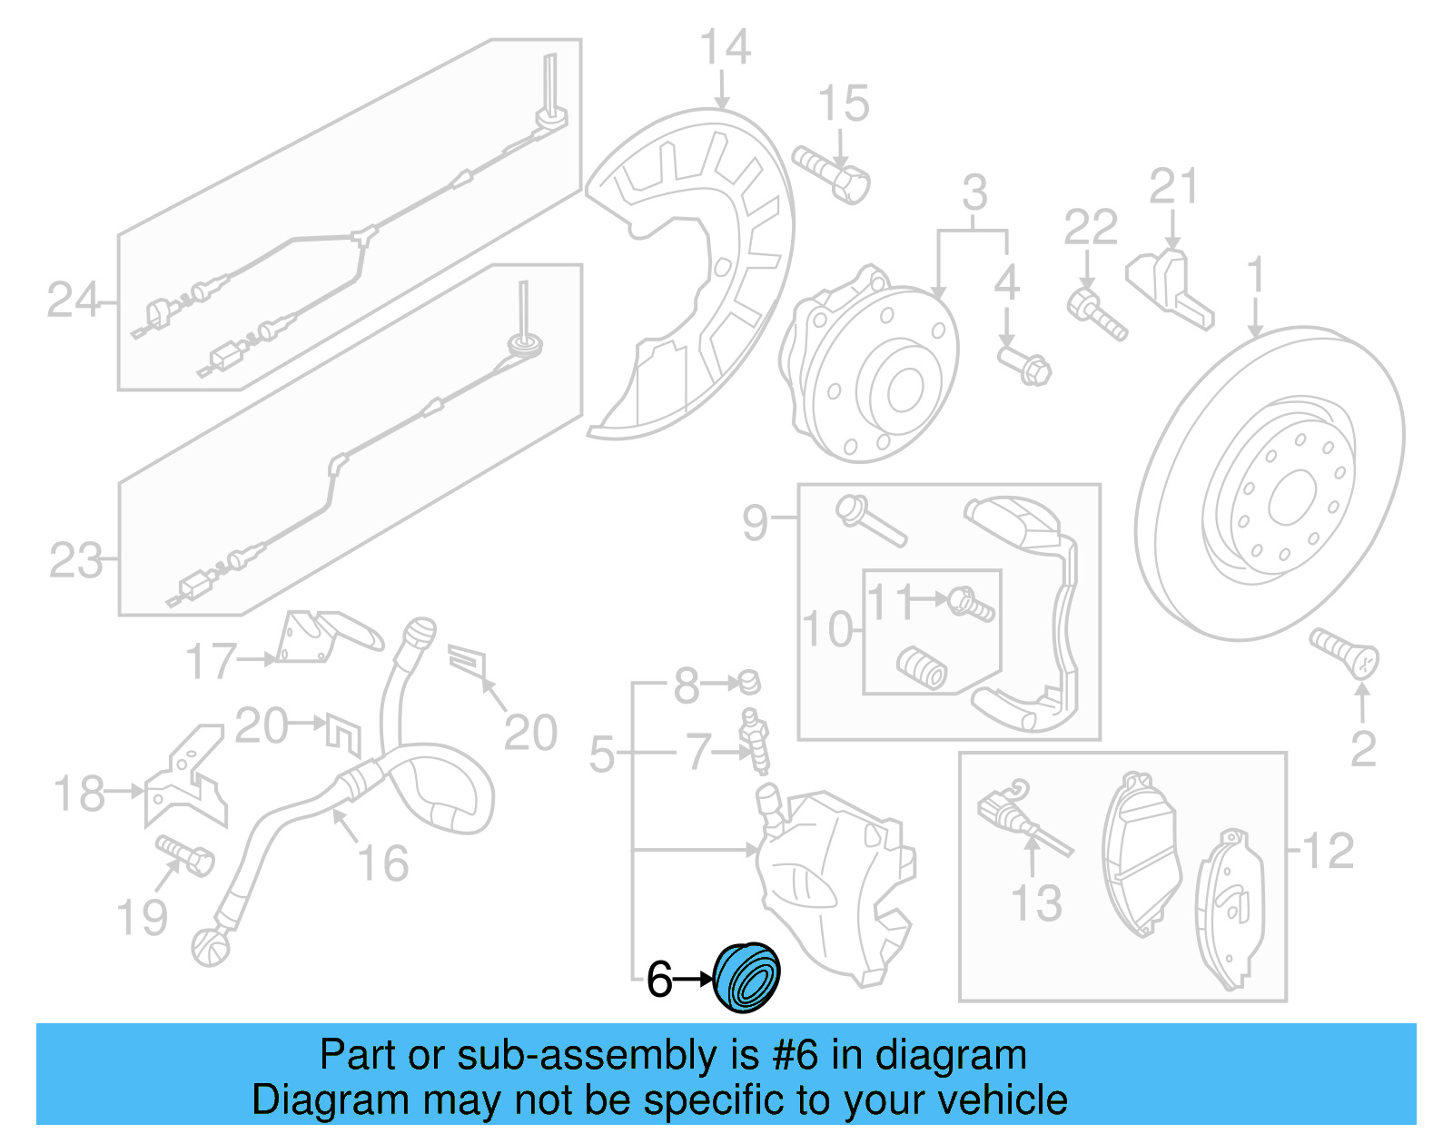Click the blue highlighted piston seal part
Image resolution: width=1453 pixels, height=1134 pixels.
[x=746, y=977]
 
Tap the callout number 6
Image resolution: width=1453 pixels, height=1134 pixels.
[x=659, y=981]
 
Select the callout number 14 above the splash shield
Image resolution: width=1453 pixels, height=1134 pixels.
[x=726, y=47]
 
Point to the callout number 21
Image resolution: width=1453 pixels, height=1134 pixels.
[x=1173, y=188]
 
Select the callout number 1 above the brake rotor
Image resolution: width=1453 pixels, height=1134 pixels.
[x=1256, y=275]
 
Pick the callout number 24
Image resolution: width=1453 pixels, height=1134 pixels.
[x=73, y=300]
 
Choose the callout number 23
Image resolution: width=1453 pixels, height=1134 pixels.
[x=75, y=560]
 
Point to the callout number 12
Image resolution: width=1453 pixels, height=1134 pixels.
[x=1327, y=851]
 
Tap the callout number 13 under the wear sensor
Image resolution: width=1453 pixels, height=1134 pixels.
[x=1036, y=903]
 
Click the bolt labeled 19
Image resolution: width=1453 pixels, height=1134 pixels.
[x=185, y=854]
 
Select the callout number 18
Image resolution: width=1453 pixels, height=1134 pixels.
[x=80, y=794]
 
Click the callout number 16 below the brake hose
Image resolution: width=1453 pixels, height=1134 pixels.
[x=383, y=863]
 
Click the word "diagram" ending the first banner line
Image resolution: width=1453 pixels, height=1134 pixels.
[x=951, y=1055]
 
